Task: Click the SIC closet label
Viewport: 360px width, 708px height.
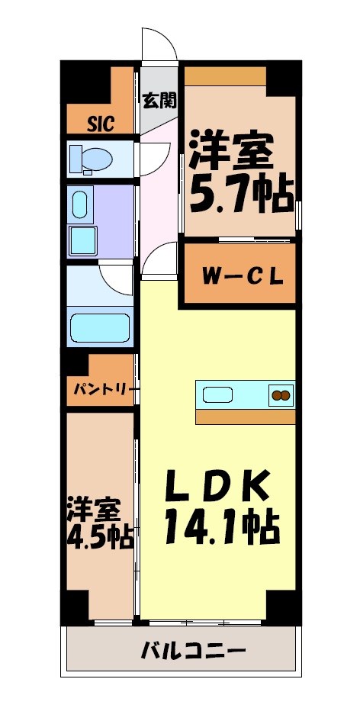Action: click(100, 124)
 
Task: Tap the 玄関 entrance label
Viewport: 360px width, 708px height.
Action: click(159, 99)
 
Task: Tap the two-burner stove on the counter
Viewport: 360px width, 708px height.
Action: click(280, 395)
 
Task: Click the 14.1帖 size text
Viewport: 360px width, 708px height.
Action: click(221, 526)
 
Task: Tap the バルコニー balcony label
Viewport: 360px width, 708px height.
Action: click(193, 652)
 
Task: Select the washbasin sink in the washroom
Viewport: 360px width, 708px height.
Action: click(80, 204)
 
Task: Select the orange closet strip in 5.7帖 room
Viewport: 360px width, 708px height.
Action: click(225, 76)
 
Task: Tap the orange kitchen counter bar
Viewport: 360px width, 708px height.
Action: click(246, 417)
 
